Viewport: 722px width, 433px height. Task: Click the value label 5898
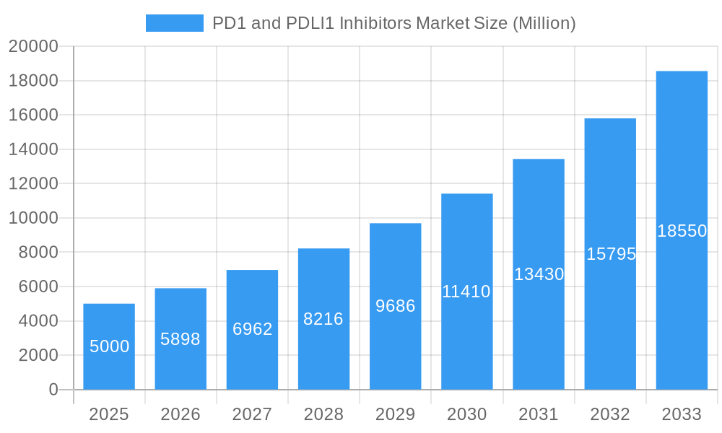pyautogui.click(x=180, y=339)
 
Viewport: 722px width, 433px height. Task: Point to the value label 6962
pyautogui.click(x=252, y=329)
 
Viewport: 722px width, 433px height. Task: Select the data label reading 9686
pyautogui.click(x=395, y=306)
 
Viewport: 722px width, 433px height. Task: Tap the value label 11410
pyautogui.click(x=466, y=292)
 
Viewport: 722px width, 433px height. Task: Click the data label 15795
pyautogui.click(x=610, y=254)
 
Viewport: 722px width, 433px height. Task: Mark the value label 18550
pyautogui.click(x=682, y=231)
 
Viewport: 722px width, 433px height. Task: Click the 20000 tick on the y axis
pyautogui.click(x=33, y=46)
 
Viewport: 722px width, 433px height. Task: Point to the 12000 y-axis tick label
pyautogui.click(x=33, y=183)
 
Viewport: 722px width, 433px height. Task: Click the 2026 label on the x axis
pyautogui.click(x=180, y=414)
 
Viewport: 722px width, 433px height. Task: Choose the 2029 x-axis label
pyautogui.click(x=395, y=414)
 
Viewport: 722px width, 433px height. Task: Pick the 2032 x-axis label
pyautogui.click(x=610, y=414)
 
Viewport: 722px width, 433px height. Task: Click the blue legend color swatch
pyautogui.click(x=175, y=23)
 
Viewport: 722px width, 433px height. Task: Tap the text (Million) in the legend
pyautogui.click(x=544, y=23)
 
